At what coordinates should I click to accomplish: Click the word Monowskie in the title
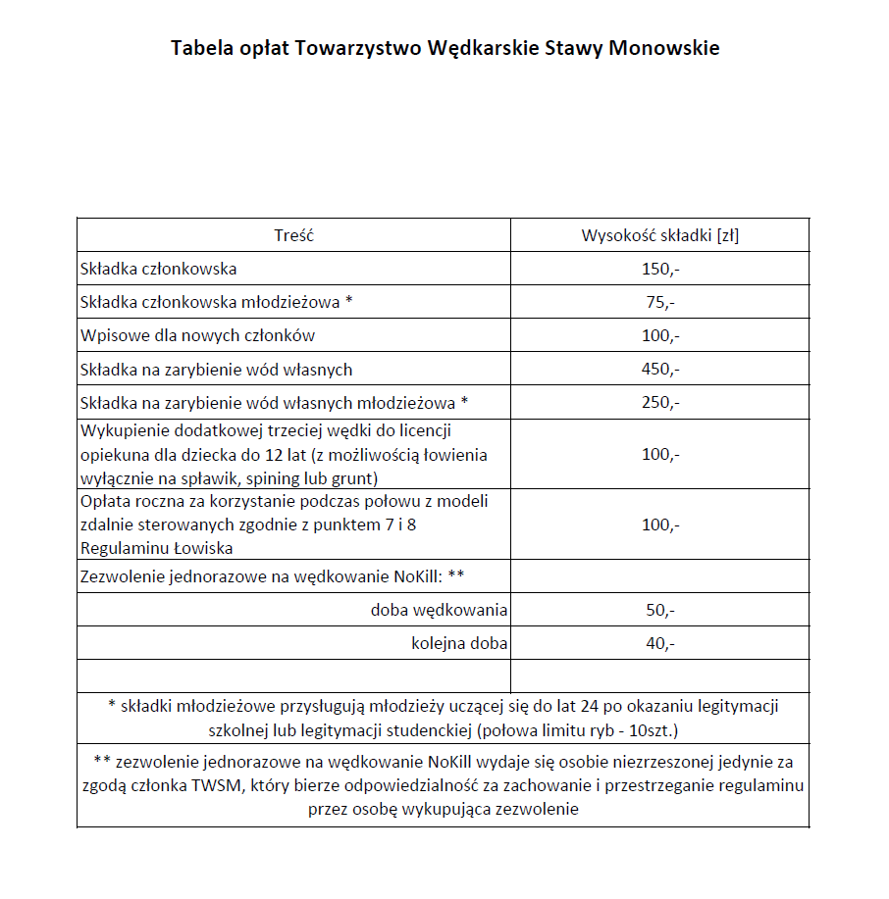[x=664, y=47]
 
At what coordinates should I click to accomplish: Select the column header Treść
[x=293, y=235]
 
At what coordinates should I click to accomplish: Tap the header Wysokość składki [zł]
[x=660, y=235]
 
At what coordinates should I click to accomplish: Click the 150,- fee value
[x=660, y=269]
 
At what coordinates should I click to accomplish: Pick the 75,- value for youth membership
[x=660, y=302]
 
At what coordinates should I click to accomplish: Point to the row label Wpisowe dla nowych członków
[x=197, y=335]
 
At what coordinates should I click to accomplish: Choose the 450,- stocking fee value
[x=660, y=370]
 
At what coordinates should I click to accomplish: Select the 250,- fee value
[x=660, y=403]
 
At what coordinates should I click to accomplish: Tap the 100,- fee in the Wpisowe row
[x=660, y=335]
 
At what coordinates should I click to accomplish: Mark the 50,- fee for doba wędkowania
[x=660, y=611]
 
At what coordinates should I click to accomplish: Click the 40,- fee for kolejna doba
[x=660, y=644]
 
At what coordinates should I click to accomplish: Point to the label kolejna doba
[x=459, y=644]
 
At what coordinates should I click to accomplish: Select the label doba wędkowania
[x=439, y=611]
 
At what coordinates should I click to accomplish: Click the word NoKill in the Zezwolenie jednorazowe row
[x=403, y=576]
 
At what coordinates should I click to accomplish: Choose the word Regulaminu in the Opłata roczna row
[x=121, y=547]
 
